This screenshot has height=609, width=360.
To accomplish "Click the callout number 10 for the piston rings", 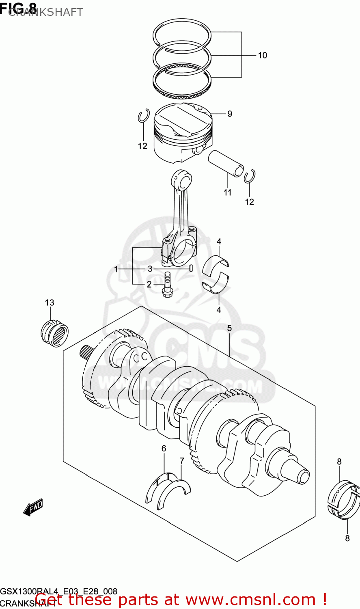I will pos(262,55).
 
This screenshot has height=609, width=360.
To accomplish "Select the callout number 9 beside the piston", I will pos(230,114).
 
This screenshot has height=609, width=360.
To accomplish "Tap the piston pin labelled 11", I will pos(226,163).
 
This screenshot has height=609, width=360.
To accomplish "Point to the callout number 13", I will pos(50,302).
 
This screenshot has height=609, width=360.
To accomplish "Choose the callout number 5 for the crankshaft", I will pos(229,328).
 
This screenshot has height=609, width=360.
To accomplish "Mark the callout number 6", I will pos(164,448).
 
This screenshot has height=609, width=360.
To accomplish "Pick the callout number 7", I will pos(182,460).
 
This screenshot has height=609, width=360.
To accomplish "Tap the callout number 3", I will pos(150,269).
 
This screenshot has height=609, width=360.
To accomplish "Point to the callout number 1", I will pos(116,269).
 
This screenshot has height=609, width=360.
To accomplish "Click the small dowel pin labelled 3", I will pos(190,268).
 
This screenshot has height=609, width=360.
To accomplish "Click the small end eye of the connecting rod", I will pos(182,178).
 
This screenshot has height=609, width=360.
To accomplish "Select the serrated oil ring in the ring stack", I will pos(183,83).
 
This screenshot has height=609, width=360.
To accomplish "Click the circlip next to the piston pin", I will pos(249,176).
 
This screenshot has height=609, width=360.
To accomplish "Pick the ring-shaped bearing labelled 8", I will pos(343,500).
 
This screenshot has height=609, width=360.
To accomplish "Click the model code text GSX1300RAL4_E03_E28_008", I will pos(59,591).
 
